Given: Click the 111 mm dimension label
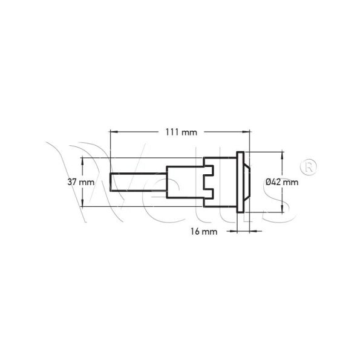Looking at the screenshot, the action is [x=181, y=132].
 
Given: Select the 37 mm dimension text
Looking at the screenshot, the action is [x=81, y=182].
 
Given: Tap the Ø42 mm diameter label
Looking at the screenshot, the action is [x=282, y=182].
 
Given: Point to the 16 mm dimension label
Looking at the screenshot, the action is [x=204, y=231].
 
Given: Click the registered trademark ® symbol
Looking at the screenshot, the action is [x=309, y=166].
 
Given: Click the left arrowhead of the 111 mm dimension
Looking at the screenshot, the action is [x=114, y=132].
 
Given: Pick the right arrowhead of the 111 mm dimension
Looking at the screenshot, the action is [x=246, y=132].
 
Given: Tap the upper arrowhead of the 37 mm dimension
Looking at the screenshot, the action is [x=82, y=162].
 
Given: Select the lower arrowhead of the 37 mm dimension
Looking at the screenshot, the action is [x=82, y=202].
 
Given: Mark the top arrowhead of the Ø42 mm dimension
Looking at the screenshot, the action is [x=282, y=156].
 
